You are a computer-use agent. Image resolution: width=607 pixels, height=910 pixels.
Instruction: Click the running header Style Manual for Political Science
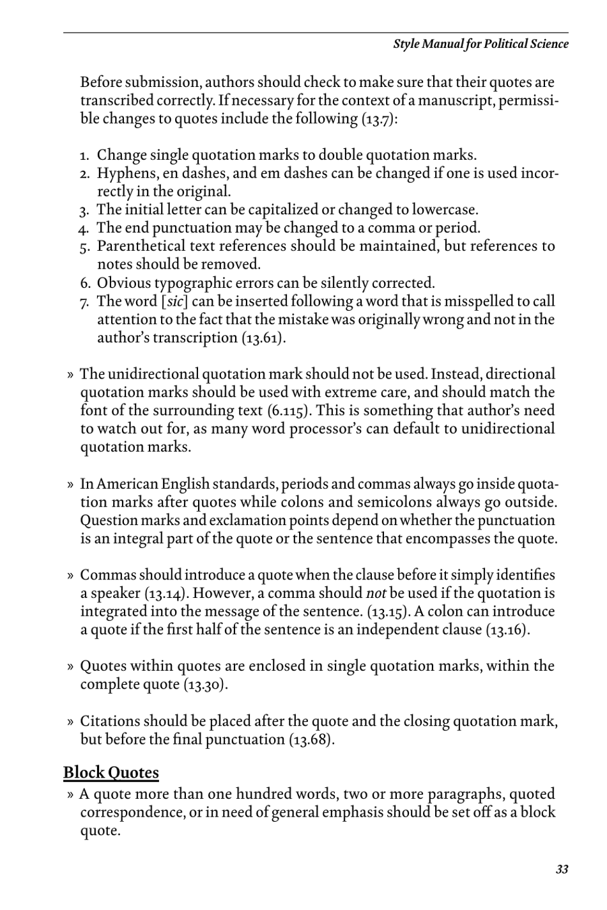(480, 44)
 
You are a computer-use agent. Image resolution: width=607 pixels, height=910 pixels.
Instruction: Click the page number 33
(562, 869)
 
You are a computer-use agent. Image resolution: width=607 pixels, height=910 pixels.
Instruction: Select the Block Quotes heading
(111, 773)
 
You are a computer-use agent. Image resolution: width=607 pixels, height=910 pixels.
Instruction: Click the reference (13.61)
(263, 338)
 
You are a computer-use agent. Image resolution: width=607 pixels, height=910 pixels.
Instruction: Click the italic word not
(376, 593)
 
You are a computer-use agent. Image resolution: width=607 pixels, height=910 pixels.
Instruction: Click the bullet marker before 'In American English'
(70, 485)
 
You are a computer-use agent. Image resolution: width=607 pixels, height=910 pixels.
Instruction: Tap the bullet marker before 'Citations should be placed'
(70, 722)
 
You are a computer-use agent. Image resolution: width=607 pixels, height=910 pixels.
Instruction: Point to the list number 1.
(84, 156)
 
